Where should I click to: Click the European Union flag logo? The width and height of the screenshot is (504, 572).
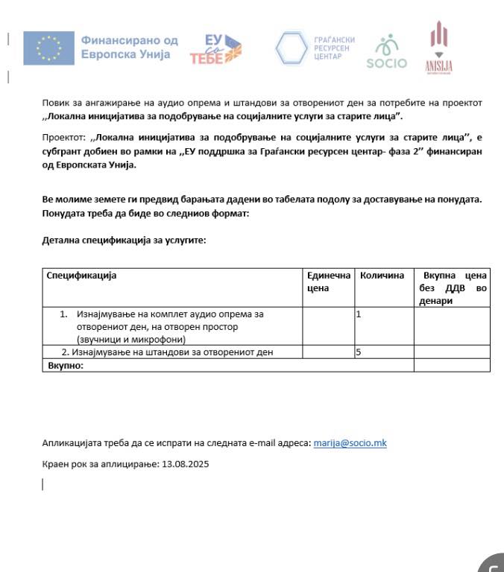click(x=48, y=48)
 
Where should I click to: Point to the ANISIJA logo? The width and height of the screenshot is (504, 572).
click(x=438, y=48)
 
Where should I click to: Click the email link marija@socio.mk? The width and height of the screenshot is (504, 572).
click(x=350, y=443)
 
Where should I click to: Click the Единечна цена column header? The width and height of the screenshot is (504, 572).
click(x=328, y=282)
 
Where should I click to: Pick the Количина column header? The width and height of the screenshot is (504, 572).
click(x=382, y=276)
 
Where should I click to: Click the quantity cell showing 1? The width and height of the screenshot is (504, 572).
click(x=359, y=314)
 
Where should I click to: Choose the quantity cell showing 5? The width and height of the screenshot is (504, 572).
click(x=359, y=352)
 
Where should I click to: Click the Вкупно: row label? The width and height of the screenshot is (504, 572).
click(x=66, y=365)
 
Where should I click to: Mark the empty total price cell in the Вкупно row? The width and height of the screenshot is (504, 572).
click(x=452, y=365)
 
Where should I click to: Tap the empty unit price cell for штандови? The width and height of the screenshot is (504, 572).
click(x=328, y=352)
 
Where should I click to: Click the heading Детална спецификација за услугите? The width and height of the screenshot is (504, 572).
click(x=124, y=240)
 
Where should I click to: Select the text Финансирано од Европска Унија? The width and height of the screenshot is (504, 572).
click(x=130, y=48)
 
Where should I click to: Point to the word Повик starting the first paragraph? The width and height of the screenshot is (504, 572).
click(x=54, y=103)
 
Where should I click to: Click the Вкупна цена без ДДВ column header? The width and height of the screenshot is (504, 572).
click(x=452, y=287)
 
